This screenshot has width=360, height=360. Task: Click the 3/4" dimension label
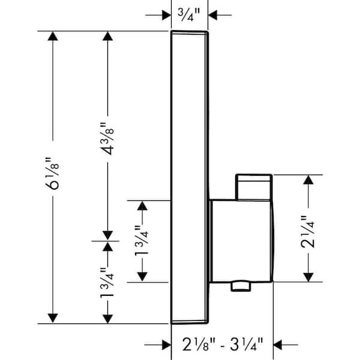click(x=189, y=15)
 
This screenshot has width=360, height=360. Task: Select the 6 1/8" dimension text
click(x=52, y=173)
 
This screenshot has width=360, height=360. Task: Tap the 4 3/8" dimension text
click(x=107, y=139)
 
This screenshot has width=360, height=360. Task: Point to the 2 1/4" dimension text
click(x=308, y=232)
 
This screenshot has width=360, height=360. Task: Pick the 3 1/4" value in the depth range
click(x=247, y=344)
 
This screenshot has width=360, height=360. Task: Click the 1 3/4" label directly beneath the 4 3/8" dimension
click(x=107, y=283)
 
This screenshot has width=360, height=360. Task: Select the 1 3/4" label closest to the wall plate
click(x=142, y=241)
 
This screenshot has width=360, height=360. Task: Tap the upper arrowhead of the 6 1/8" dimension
click(x=53, y=36)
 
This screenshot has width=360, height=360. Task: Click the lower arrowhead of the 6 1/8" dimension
click(x=53, y=318)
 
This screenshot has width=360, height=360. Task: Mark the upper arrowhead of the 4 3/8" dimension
click(x=107, y=36)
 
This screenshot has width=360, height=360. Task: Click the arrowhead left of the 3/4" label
click(x=166, y=15)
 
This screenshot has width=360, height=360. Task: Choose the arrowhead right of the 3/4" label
click(x=212, y=15)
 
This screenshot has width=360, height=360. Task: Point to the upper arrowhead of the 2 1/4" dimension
click(x=308, y=180)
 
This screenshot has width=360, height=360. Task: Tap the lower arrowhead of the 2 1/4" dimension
click(x=308, y=277)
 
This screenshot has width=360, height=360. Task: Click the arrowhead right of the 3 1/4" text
click(x=278, y=345)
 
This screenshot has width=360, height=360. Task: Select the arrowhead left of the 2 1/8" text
click(x=166, y=345)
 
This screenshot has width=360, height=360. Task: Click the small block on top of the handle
click(x=254, y=187)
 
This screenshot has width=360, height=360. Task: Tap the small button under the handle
click(x=241, y=287)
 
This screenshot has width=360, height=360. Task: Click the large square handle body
click(x=241, y=241)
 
